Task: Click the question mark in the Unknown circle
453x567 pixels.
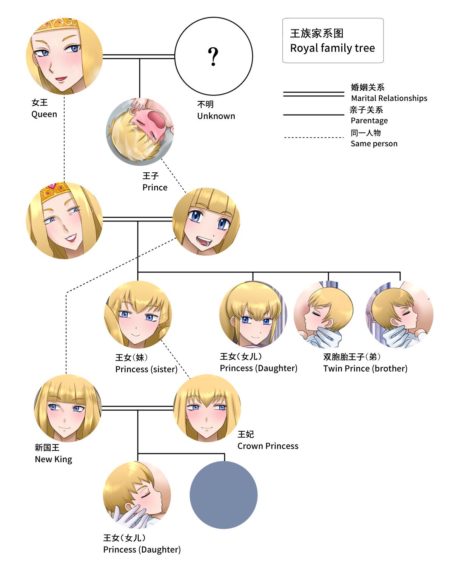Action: (x=213, y=57)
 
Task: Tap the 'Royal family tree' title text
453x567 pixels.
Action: (x=332, y=48)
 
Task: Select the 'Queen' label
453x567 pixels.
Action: (x=44, y=114)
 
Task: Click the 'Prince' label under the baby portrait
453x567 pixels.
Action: (x=155, y=187)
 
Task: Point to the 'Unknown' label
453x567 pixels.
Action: (x=216, y=116)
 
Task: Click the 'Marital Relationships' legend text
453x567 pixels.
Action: (x=389, y=98)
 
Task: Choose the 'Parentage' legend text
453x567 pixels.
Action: (x=369, y=121)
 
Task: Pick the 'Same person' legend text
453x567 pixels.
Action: (x=374, y=144)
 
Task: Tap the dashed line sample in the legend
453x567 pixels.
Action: (x=313, y=138)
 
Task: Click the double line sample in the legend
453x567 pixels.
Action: (x=313, y=94)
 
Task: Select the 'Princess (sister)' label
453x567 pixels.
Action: (x=146, y=369)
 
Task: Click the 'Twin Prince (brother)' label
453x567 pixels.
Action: (x=365, y=369)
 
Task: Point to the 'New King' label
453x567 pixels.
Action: (x=53, y=459)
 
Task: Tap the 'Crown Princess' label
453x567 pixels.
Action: (x=268, y=446)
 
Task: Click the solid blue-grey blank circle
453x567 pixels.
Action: (x=223, y=495)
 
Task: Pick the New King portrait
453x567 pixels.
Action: (x=68, y=408)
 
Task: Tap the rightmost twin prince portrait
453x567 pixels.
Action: (x=399, y=314)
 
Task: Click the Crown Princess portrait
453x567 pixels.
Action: (x=207, y=408)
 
